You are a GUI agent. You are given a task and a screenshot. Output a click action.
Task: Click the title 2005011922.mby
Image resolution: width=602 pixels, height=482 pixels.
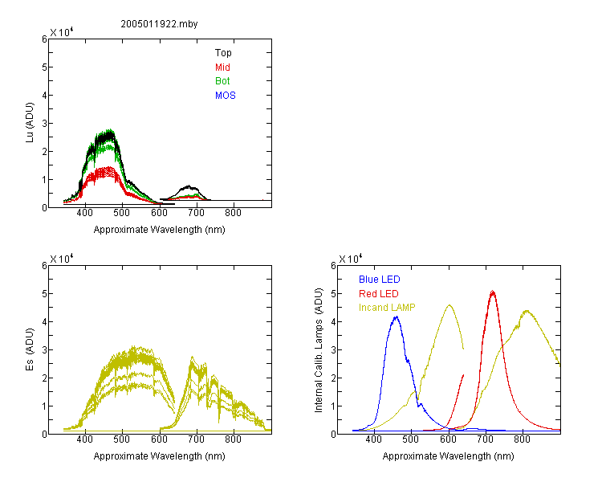159,24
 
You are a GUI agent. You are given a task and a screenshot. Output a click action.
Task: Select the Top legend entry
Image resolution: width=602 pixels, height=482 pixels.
223,53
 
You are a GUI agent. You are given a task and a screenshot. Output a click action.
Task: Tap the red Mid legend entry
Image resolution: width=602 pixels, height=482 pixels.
222,67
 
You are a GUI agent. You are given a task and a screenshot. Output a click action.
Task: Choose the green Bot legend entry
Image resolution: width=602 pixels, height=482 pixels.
222,81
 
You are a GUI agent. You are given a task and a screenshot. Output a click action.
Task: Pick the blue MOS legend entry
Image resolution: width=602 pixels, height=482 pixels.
226,96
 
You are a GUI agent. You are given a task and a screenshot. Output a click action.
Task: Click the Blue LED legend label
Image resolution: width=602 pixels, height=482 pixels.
380,280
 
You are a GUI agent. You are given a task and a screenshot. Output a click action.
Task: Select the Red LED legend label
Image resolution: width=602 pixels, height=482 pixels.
379,294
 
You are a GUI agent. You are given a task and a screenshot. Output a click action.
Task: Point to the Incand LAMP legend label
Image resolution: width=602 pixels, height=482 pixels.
387,308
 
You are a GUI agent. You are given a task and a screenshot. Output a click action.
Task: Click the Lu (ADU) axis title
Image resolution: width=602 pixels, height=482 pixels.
30,123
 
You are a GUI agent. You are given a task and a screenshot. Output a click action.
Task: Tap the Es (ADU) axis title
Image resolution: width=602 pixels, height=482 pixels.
30,349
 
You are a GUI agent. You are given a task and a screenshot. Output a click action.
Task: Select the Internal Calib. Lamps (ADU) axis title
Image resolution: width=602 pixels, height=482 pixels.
319,350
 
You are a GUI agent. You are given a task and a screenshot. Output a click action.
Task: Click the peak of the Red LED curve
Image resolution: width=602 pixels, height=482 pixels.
493,292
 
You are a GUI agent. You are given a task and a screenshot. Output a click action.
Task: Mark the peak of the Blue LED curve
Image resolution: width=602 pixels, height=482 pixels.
397,317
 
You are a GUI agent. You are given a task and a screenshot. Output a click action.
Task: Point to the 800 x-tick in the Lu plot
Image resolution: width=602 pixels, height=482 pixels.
233,213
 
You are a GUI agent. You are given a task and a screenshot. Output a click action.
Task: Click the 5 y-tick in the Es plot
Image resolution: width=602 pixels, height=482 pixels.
44,294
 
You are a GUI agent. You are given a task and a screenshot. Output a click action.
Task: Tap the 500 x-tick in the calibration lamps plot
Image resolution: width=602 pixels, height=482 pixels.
411,439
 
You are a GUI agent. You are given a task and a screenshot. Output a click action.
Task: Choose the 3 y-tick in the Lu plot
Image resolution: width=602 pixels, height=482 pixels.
44,124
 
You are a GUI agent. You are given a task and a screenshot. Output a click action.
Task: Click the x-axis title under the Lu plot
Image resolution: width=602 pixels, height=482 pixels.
160,230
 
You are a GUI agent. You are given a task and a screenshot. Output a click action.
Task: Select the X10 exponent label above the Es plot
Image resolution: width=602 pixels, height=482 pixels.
62,259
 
